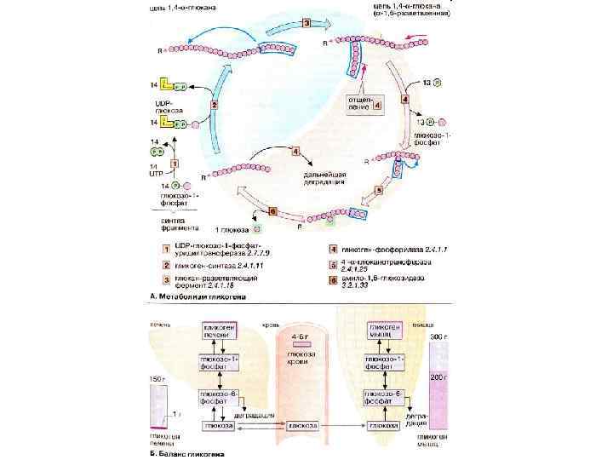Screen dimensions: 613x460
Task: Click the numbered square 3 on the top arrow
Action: (307, 23)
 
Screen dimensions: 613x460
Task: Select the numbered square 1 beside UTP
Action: (175, 162)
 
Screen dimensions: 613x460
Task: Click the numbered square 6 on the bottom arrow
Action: (272, 210)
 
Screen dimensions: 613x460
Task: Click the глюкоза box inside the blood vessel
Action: (303, 425)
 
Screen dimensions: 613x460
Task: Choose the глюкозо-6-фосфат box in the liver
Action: (219, 398)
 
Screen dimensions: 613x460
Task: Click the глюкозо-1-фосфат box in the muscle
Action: (385, 365)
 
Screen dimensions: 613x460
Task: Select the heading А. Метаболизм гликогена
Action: (197, 296)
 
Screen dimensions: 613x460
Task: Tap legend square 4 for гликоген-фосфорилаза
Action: (335, 249)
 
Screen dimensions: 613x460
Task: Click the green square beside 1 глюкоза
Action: (255, 230)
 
